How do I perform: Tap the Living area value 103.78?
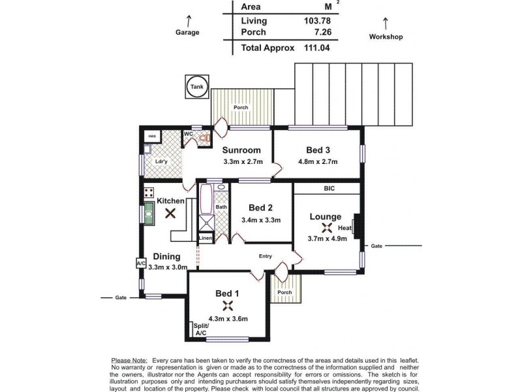(x=317, y=20)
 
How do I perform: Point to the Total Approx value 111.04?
(x=317, y=48)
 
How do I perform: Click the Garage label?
(x=187, y=32)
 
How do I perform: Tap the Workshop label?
(x=386, y=37)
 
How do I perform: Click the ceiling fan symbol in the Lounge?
(x=328, y=227)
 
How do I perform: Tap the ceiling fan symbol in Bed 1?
(x=227, y=306)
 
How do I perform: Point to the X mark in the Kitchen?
(x=170, y=213)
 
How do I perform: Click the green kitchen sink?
(x=149, y=214)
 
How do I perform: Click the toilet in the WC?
(x=204, y=138)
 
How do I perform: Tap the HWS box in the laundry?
(x=152, y=136)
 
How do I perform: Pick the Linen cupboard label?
(x=206, y=238)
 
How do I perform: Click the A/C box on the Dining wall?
(x=141, y=263)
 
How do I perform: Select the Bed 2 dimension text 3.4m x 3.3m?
(x=260, y=220)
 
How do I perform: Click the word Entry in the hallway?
(x=266, y=256)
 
